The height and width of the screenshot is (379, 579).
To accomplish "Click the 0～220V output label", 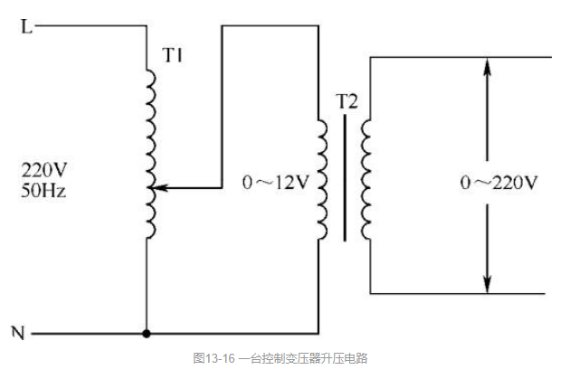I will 498,183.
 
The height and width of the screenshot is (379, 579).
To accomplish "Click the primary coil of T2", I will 322,181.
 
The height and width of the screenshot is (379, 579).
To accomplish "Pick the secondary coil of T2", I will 365,181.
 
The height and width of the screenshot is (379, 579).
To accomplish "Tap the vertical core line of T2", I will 344,181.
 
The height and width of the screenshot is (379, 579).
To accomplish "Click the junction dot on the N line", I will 146,334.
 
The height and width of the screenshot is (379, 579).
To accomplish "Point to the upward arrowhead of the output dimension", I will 488,67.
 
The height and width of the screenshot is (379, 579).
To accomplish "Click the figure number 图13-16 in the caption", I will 214,360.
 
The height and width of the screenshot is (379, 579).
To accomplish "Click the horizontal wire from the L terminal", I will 90,26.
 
